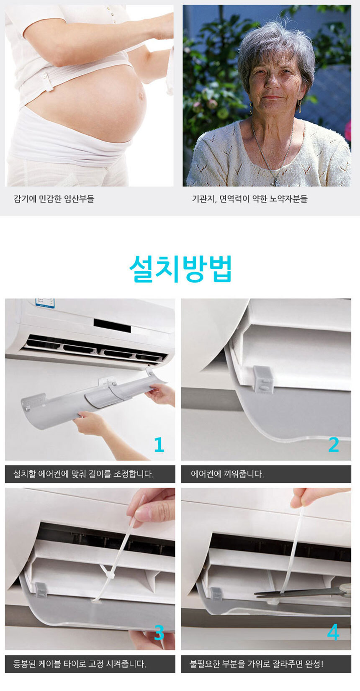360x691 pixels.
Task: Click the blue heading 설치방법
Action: pyautogui.click(x=180, y=268)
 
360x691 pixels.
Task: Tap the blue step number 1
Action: pyautogui.click(x=159, y=444)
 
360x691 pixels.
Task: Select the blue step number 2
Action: pyautogui.click(x=334, y=444)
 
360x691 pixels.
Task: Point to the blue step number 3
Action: pyautogui.click(x=159, y=633)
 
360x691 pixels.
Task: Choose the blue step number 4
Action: pyautogui.click(x=333, y=632)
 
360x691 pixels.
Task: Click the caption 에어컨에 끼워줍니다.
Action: pyautogui.click(x=227, y=474)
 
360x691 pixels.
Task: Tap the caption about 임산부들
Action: pyautogui.click(x=54, y=199)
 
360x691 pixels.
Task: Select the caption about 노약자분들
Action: pyautogui.click(x=249, y=199)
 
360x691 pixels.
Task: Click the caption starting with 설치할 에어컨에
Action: pyautogui.click(x=83, y=474)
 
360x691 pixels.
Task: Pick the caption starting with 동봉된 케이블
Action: pyautogui.click(x=80, y=663)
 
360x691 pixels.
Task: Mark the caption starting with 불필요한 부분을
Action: pyautogui.click(x=256, y=663)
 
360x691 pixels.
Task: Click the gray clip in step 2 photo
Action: pyautogui.click(x=263, y=380)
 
